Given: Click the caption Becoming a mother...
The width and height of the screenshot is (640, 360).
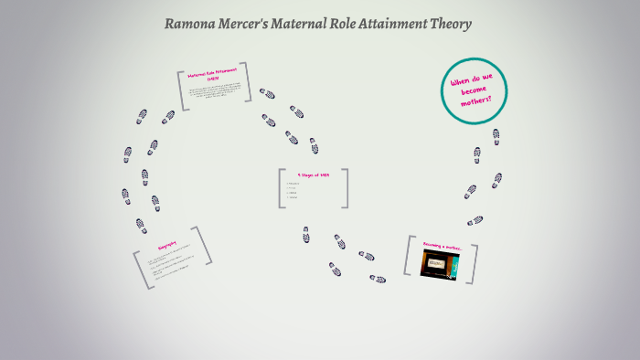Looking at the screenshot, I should pos(443,246).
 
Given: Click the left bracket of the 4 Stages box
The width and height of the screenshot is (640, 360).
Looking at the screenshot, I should pos(283,188).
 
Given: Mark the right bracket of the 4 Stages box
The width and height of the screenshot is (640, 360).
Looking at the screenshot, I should pos(346,188).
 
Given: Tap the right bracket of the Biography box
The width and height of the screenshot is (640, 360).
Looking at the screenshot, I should pos(204,246).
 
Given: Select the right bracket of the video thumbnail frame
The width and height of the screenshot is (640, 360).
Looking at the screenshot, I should pos(474,259).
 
